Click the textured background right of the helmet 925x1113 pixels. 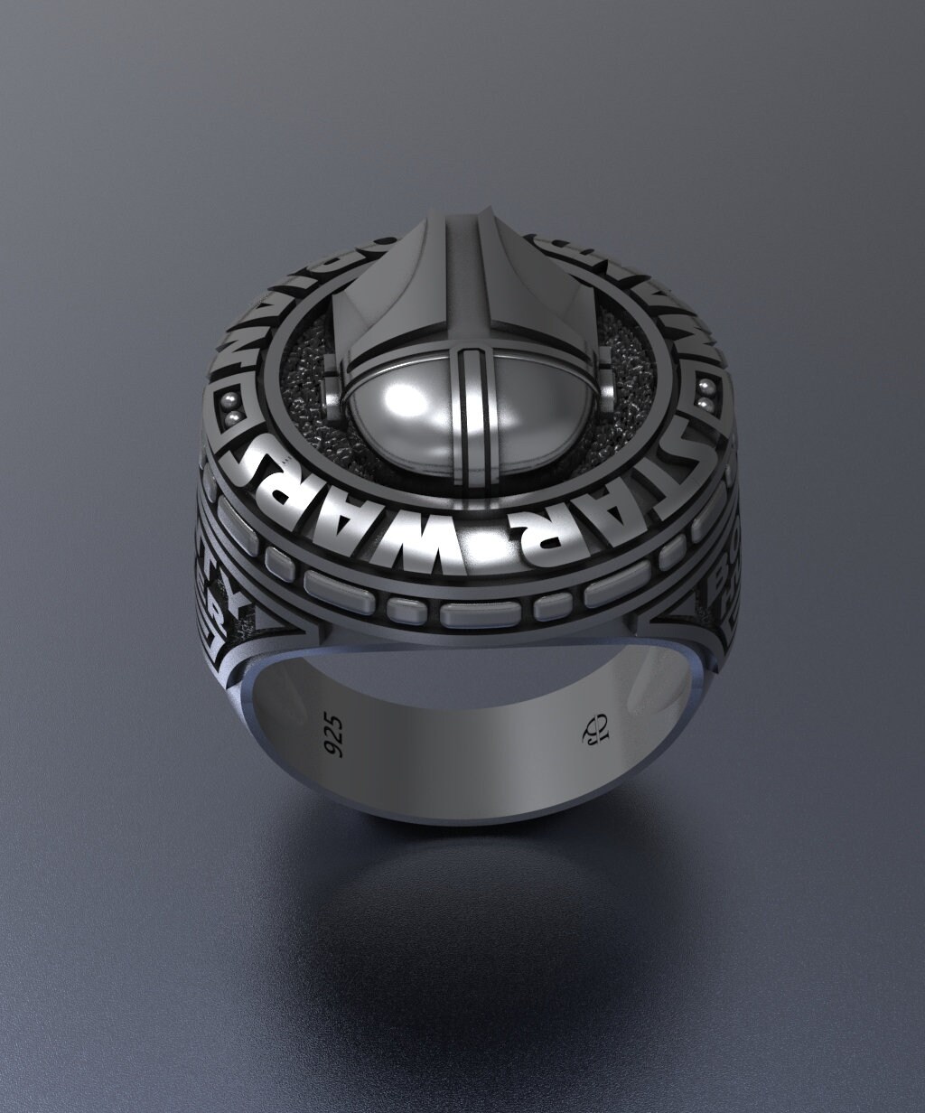(x=623, y=361)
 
